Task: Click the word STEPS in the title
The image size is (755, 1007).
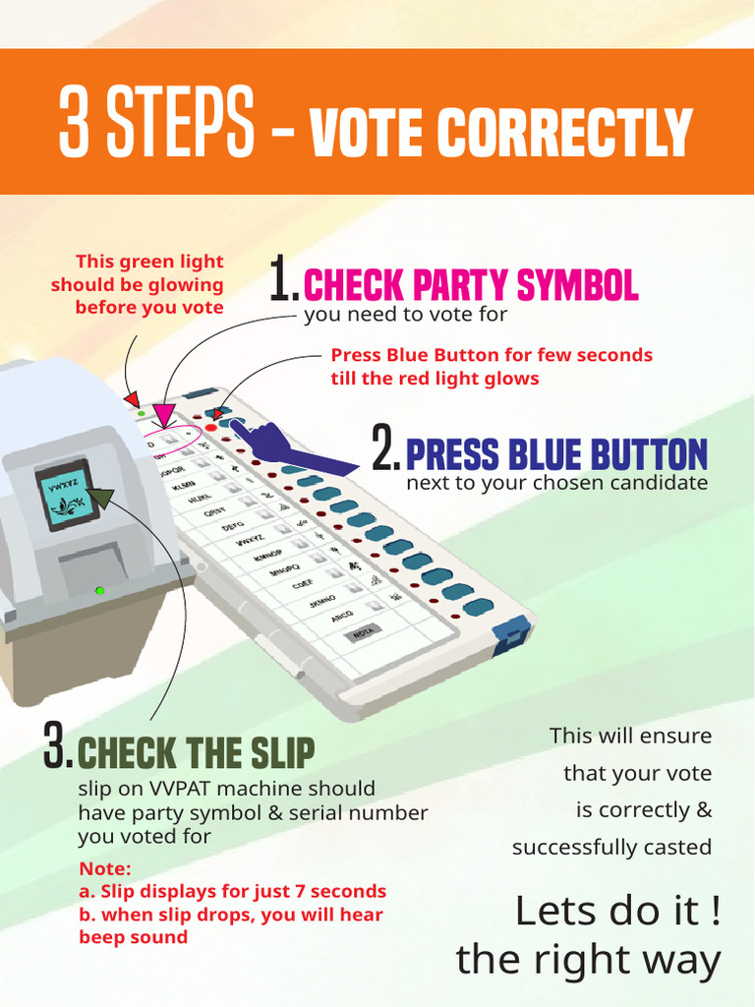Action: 181,123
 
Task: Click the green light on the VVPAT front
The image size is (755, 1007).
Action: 98,590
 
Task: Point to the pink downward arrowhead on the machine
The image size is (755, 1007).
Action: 164,413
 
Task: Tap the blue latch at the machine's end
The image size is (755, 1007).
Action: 510,636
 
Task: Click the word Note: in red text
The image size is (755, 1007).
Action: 104,868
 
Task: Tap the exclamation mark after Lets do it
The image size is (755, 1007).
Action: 715,912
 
